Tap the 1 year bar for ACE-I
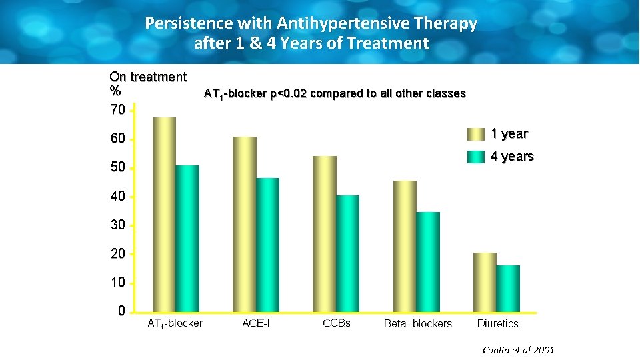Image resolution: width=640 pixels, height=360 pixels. point(244,224)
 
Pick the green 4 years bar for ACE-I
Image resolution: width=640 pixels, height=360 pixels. point(267,245)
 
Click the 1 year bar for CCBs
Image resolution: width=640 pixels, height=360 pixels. point(324,234)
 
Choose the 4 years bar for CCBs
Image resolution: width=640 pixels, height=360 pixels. point(347,253)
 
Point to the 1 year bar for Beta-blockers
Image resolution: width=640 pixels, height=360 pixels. point(405,246)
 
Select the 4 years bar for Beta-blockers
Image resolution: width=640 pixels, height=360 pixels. point(428,262)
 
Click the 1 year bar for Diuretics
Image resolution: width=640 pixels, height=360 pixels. point(485,283)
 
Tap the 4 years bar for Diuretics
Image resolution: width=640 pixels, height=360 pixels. point(508,289)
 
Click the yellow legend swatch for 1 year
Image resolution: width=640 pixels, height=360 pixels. point(476,134)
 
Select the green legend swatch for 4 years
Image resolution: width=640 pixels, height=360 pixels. point(476,157)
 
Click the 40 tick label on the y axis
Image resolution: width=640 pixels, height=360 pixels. point(117,197)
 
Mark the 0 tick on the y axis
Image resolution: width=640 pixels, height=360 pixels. point(121,311)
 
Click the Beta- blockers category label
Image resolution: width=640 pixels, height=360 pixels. point(417,324)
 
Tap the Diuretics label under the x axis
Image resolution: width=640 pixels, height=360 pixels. point(497,324)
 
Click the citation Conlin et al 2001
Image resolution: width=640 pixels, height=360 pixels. point(519,350)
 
